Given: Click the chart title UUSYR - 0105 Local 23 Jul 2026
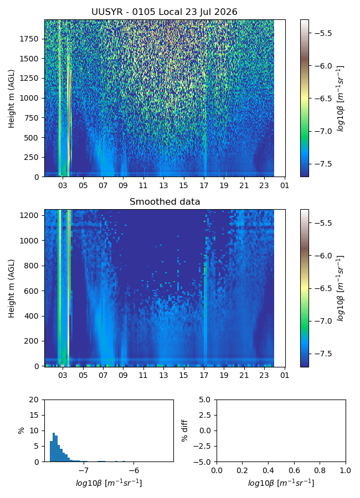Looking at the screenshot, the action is [164, 12].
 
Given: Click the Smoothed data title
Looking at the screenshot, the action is [164, 201].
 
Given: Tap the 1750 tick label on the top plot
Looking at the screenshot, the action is [29, 39].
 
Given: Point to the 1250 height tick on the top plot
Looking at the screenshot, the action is [29, 78].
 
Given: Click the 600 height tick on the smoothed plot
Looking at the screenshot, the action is [32, 291].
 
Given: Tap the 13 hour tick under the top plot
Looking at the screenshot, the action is [163, 185].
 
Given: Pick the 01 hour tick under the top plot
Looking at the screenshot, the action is [285, 185].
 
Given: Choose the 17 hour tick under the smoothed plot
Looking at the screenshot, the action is [204, 375].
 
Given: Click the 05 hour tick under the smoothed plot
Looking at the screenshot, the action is [83, 375].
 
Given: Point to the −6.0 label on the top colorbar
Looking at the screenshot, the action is [323, 66].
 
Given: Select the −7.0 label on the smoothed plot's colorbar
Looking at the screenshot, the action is [323, 321].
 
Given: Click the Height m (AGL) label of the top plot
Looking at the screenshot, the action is [12, 98].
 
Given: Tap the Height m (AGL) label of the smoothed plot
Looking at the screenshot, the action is [12, 288].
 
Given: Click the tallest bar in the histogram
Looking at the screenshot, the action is [54, 447].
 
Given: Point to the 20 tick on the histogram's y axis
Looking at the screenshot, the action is [34, 400].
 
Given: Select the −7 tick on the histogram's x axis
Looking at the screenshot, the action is [83, 470].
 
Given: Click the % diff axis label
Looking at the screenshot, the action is [184, 430].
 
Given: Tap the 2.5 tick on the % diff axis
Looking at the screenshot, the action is [205, 415].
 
